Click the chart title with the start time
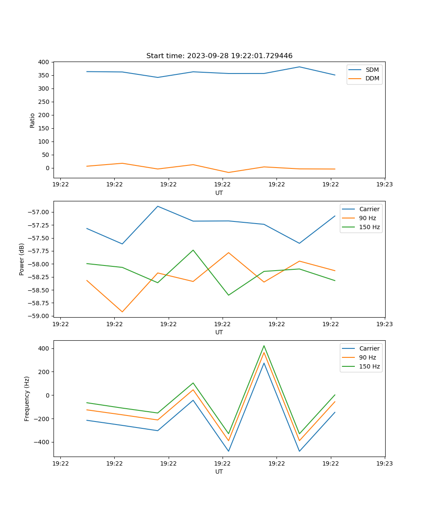[x=219, y=56]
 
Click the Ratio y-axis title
[x=33, y=120]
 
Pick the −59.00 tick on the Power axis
[x=39, y=316]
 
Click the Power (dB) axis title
[x=22, y=259]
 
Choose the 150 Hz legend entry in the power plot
[x=369, y=227]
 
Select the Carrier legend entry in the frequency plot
[x=369, y=348]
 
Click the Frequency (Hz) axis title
[x=27, y=398]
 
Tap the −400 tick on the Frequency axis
[x=42, y=442]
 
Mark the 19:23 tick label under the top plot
[x=384, y=185]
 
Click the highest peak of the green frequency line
[x=264, y=345]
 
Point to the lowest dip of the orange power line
[x=122, y=312]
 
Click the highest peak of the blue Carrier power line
[x=158, y=206]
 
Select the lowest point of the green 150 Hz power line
[x=229, y=295]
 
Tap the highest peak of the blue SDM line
[x=299, y=67]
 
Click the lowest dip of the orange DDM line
[x=229, y=172]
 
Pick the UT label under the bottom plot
[x=219, y=472]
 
